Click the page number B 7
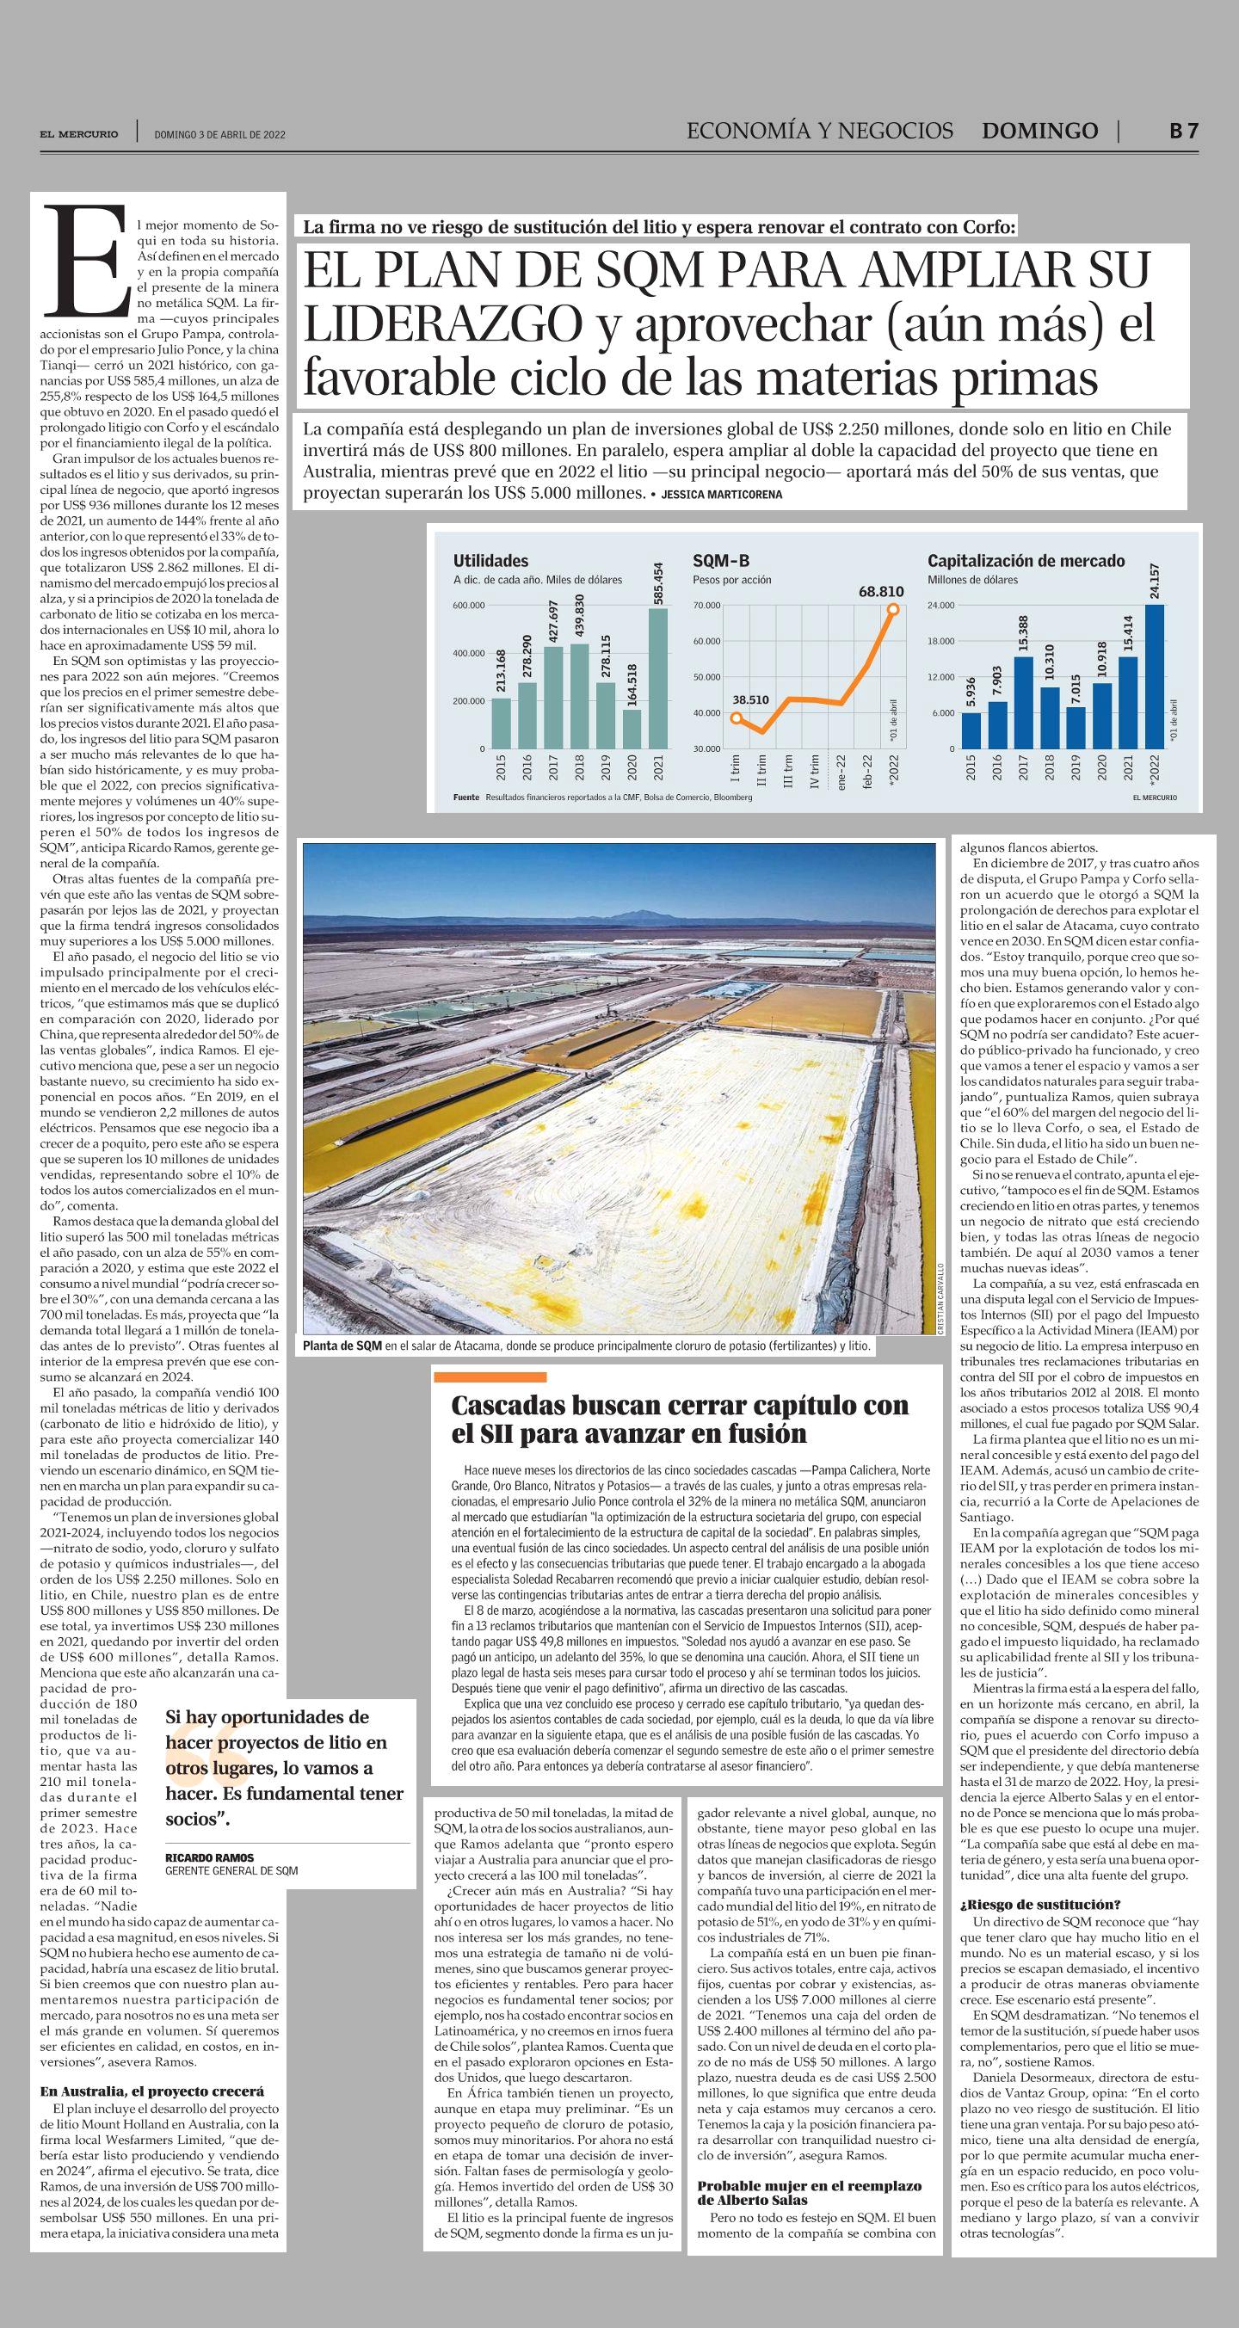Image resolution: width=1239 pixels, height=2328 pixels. pyautogui.click(x=1184, y=130)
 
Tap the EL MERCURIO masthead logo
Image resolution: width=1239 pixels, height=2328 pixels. pyautogui.click(x=78, y=133)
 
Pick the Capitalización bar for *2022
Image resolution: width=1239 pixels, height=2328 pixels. pyautogui.click(x=1153, y=676)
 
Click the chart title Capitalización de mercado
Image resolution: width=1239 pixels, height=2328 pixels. pyautogui.click(x=1026, y=560)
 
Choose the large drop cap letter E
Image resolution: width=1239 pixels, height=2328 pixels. pyautogui.click(x=89, y=257)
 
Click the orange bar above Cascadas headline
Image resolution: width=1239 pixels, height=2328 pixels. pyautogui.click(x=490, y=1377)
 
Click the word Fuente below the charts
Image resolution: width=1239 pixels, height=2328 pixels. pyautogui.click(x=466, y=798)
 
